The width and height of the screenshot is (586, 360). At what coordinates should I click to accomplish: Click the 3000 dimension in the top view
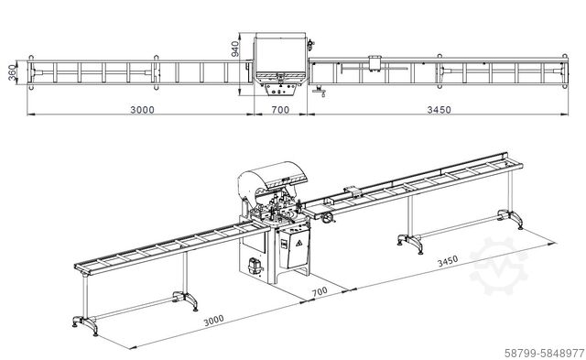click(142, 110)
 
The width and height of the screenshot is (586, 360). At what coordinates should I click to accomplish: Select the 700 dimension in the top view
click(280, 110)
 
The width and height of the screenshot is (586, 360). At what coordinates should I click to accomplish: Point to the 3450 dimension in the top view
click(439, 110)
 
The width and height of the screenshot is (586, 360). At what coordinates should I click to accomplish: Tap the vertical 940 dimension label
click(234, 49)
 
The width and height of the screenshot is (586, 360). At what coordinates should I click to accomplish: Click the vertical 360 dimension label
click(12, 72)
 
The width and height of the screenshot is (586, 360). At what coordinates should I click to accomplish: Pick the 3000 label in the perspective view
click(213, 321)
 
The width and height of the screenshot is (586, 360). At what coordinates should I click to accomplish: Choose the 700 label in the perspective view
click(320, 291)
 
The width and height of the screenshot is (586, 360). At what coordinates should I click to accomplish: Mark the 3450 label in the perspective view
click(448, 261)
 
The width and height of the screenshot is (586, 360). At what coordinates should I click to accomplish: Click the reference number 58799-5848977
click(544, 353)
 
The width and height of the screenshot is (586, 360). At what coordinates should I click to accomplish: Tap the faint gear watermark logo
click(499, 266)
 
